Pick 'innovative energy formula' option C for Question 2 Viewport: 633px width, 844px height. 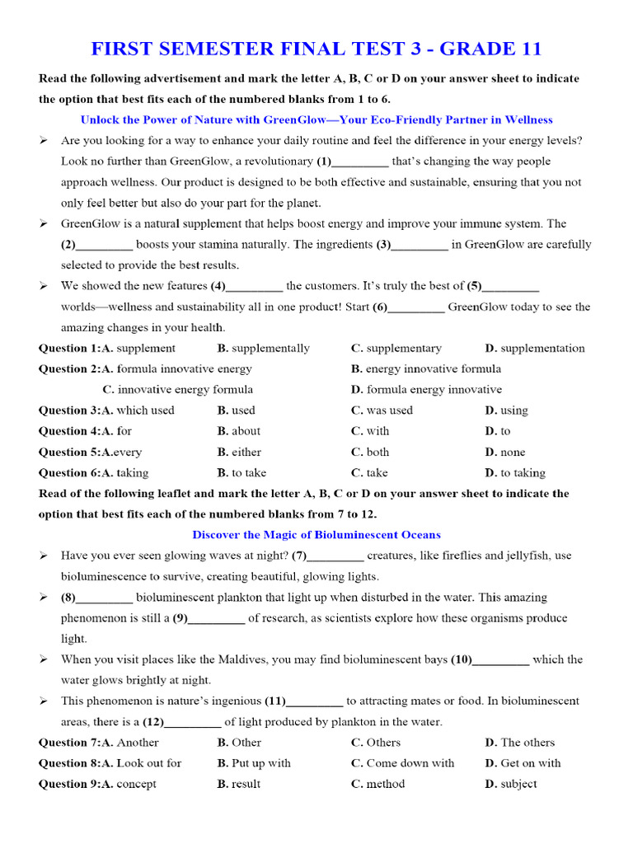point(185,390)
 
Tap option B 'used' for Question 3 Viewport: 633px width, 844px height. point(242,410)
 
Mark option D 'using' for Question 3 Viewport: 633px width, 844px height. point(513,410)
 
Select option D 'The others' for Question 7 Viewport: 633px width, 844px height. point(527,743)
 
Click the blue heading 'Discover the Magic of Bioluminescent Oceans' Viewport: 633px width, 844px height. point(316,535)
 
